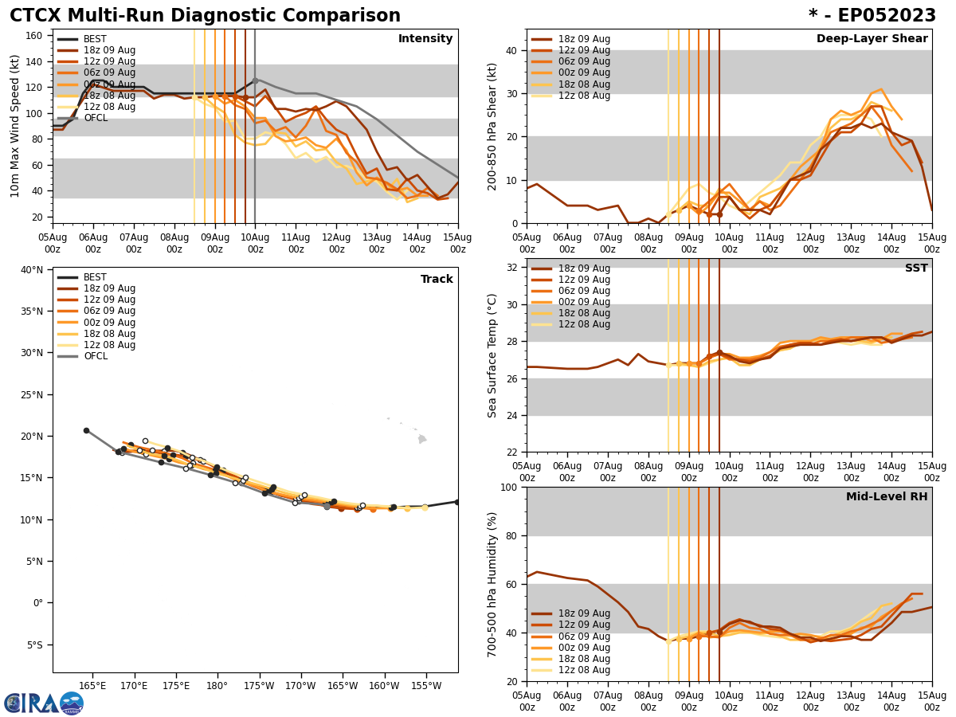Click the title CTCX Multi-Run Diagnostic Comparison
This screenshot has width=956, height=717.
point(205,16)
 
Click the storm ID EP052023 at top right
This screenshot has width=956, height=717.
point(872,16)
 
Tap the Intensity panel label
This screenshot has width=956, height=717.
point(425,39)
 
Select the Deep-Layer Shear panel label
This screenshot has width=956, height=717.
point(872,39)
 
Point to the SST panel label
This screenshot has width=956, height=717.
point(915,268)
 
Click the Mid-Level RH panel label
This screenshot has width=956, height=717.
point(887,497)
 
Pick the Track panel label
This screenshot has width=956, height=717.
point(437,280)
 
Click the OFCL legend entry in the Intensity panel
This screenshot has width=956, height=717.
point(96,118)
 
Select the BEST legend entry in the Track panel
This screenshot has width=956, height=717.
point(95,277)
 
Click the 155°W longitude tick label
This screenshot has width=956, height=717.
point(425,686)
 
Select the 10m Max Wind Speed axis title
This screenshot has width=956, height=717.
point(15,126)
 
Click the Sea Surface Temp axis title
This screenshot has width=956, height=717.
point(492,355)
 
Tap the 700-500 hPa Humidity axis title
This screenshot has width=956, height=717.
point(492,584)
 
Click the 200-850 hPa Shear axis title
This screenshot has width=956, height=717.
point(492,126)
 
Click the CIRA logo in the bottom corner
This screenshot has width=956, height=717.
point(43,703)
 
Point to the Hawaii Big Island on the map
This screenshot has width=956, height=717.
point(422,438)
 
